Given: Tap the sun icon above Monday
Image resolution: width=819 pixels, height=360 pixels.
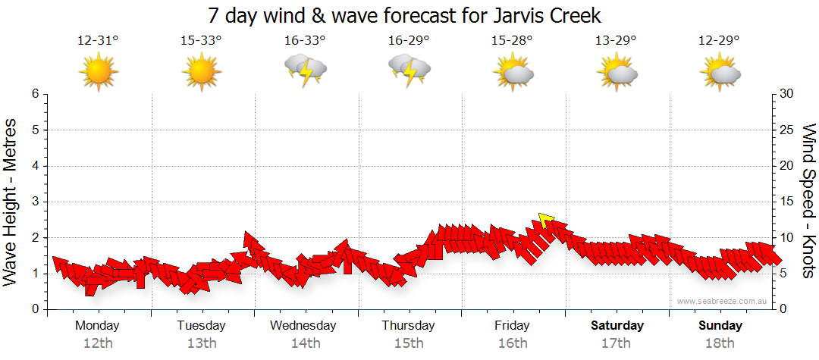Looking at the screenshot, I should click(99, 74).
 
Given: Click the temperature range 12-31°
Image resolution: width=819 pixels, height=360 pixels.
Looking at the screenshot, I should click(99, 40).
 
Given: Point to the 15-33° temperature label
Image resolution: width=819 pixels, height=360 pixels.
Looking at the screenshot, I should click(202, 40).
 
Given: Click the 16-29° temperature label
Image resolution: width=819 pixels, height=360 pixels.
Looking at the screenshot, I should click(408, 40).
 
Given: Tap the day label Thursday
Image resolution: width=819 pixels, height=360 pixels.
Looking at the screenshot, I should click(408, 326).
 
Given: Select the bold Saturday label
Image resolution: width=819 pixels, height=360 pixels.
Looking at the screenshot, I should click(617, 326).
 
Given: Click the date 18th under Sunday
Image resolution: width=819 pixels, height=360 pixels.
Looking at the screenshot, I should click(720, 343).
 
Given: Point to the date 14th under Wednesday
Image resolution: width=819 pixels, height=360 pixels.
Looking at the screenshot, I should click(306, 343).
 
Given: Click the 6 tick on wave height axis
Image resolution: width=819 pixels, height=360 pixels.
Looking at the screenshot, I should click(34, 94).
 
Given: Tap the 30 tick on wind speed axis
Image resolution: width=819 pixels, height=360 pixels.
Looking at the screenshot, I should click(787, 94).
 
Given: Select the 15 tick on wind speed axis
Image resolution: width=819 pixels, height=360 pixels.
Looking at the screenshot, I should click(787, 202).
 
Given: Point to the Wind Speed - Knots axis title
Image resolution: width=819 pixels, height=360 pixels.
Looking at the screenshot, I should click(808, 201).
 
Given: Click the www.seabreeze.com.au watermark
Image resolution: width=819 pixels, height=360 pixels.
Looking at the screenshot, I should click(723, 302).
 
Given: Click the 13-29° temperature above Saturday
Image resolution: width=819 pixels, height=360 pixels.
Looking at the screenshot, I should click(616, 40).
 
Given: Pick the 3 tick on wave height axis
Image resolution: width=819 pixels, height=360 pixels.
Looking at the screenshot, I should click(34, 202).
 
